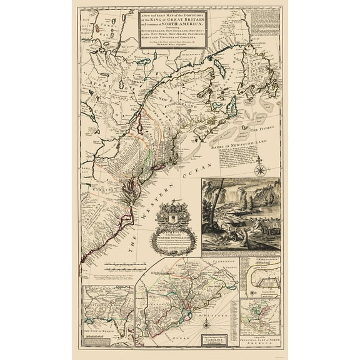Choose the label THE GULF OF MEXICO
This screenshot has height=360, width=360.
(103, 332)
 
